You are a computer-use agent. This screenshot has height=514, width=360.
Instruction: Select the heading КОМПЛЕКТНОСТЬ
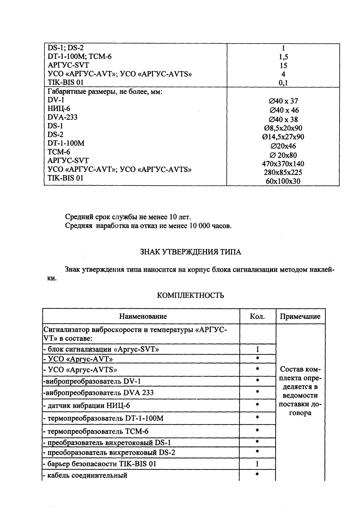pyautogui.click(x=191, y=296)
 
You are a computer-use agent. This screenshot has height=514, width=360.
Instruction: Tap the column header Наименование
pyautogui.click(x=143, y=317)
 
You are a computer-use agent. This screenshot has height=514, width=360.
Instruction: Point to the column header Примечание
pyautogui.click(x=300, y=317)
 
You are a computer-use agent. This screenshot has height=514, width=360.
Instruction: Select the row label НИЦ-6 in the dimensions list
pyautogui.click(x=59, y=108)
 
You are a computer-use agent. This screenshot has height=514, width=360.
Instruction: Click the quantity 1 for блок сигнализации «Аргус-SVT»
pyautogui.click(x=257, y=349)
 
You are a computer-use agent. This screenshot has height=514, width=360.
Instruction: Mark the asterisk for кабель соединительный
pyautogui.click(x=257, y=475)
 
